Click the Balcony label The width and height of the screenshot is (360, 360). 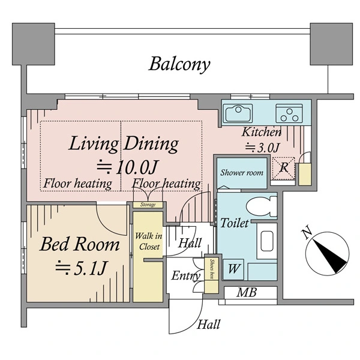[x=179, y=65]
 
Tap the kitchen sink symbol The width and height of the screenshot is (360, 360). [x=239, y=113]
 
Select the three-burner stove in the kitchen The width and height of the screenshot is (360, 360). [x=289, y=113]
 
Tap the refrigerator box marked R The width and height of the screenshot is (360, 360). [x=283, y=168]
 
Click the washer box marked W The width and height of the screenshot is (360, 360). [x=233, y=269]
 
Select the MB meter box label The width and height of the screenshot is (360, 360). [x=247, y=293]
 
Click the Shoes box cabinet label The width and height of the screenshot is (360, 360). [x=212, y=269]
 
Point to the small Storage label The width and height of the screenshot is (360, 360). [x=148, y=205]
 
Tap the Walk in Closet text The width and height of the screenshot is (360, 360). [x=149, y=241]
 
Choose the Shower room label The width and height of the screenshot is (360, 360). [x=242, y=173]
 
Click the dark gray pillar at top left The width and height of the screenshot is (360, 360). [x=33, y=44]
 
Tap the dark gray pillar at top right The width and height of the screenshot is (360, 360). [x=331, y=44]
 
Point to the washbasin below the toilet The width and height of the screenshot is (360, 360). [x=267, y=241]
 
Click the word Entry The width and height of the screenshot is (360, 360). [x=186, y=276]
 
